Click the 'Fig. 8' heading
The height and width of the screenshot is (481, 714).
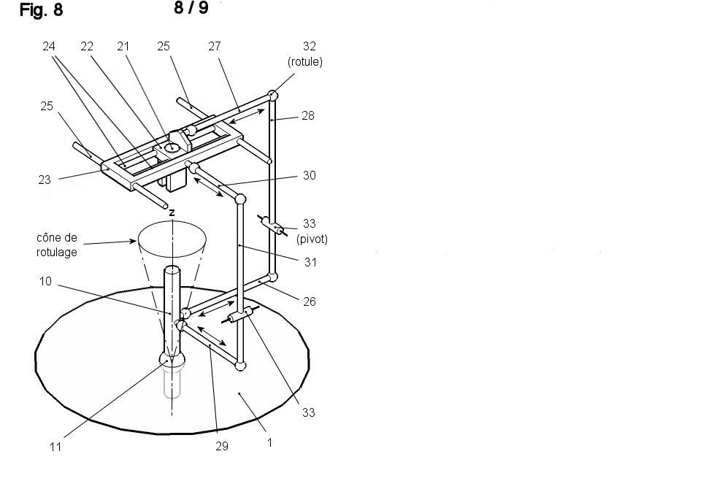(41, 10)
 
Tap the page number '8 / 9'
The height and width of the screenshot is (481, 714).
(191, 8)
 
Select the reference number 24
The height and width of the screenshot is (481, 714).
(49, 46)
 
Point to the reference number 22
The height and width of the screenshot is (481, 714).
(87, 46)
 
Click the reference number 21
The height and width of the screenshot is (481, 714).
(123, 46)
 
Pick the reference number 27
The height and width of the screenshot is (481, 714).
(215, 46)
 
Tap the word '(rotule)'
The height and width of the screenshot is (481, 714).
(305, 62)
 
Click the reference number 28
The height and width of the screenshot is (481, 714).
(308, 115)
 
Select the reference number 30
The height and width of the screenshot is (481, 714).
(310, 175)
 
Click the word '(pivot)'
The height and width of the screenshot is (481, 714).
(312, 239)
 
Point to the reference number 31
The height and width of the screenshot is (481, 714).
(310, 262)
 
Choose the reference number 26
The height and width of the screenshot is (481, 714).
(310, 301)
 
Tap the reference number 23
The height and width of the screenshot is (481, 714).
(45, 180)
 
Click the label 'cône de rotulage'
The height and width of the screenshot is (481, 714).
(57, 245)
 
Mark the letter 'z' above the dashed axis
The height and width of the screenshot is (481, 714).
(172, 212)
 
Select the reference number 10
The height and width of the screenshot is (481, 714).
(45, 281)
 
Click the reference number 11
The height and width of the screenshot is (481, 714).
(55, 447)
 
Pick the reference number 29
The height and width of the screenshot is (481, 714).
(222, 446)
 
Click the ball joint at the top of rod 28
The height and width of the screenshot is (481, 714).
(272, 96)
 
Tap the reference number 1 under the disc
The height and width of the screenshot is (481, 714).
(269, 442)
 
